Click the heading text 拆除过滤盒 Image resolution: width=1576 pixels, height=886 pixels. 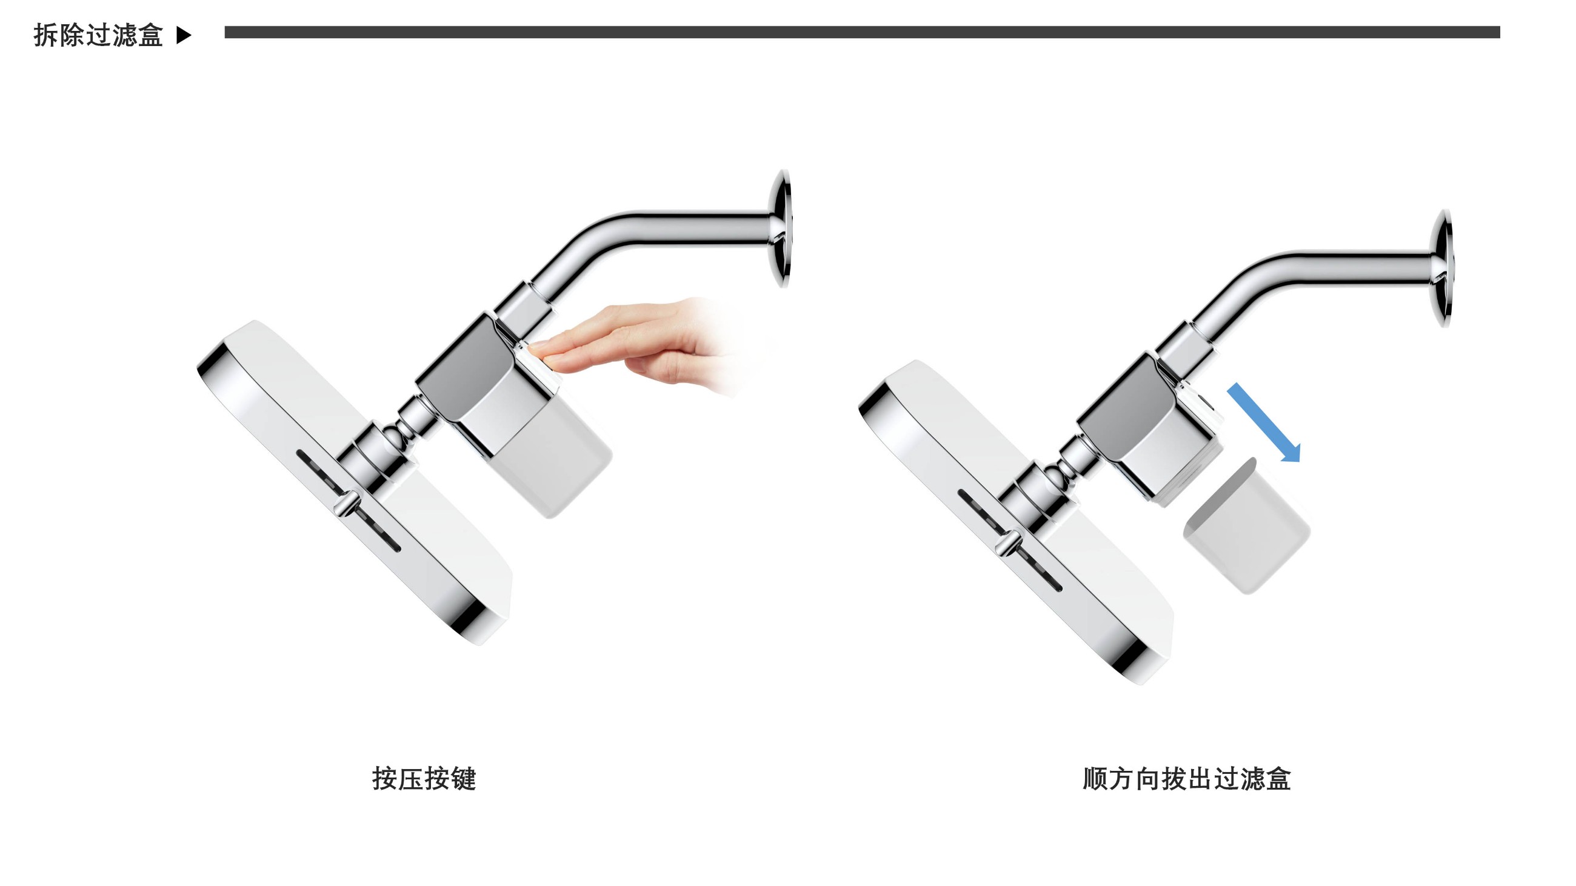[x=98, y=35]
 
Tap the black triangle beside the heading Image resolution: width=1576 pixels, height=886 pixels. [x=184, y=35]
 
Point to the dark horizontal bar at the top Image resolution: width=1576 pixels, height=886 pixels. [x=862, y=32]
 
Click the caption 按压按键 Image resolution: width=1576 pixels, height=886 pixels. [x=424, y=778]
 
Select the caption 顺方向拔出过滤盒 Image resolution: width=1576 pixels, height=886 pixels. [x=1186, y=778]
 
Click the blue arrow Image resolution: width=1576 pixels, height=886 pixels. [x=1264, y=422]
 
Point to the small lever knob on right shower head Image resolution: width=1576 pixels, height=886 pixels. [x=1006, y=543]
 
